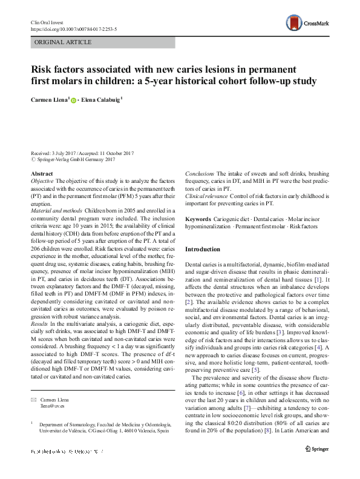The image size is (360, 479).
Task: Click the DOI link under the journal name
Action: click(73, 28)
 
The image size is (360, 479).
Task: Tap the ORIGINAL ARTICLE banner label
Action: click(63, 42)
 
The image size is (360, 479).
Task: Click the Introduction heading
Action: click(203, 249)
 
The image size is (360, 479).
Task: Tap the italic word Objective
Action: click(42, 181)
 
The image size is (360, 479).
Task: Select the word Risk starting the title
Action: click(42, 68)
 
